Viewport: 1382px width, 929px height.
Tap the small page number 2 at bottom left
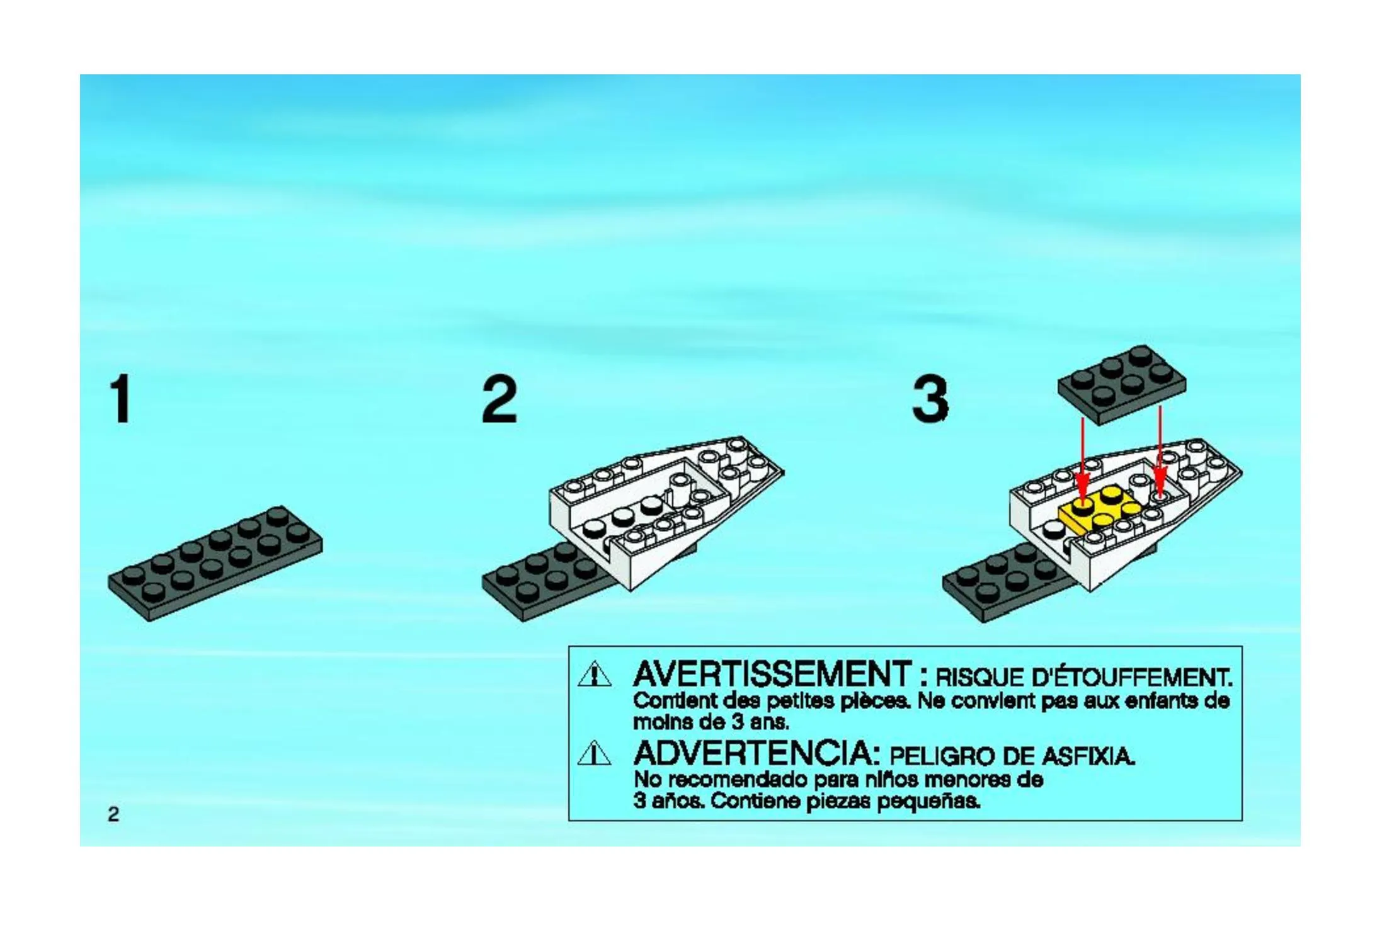(x=113, y=814)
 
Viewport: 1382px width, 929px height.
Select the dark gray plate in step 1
(x=215, y=562)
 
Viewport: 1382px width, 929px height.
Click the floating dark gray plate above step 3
(x=1122, y=385)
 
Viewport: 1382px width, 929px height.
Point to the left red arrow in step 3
(x=1082, y=462)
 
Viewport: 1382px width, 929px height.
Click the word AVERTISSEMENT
(x=772, y=675)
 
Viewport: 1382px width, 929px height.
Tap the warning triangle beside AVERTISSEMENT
(x=595, y=675)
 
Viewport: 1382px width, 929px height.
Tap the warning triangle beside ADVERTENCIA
(x=595, y=753)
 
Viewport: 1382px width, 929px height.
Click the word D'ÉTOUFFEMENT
(x=1131, y=678)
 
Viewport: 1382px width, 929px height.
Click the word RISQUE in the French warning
(x=980, y=678)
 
